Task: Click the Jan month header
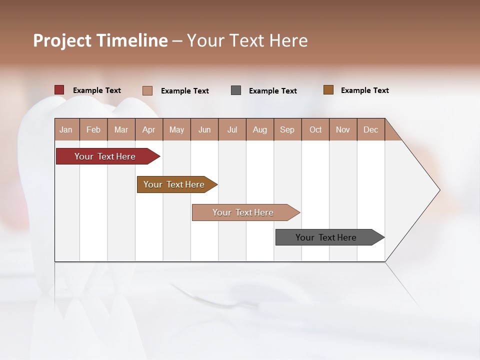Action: click(66, 129)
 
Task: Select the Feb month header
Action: click(93, 129)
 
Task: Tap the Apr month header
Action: click(149, 129)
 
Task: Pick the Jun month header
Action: click(204, 129)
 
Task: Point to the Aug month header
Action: click(260, 129)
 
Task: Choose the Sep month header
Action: click(287, 129)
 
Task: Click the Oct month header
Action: click(315, 129)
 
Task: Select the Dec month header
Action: click(371, 129)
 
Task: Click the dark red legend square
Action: click(59, 90)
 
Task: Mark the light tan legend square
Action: click(147, 90)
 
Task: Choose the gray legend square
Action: click(236, 90)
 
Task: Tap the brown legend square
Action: click(328, 90)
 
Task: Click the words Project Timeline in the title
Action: click(100, 40)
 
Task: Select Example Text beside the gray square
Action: click(273, 91)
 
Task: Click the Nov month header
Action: click(343, 129)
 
